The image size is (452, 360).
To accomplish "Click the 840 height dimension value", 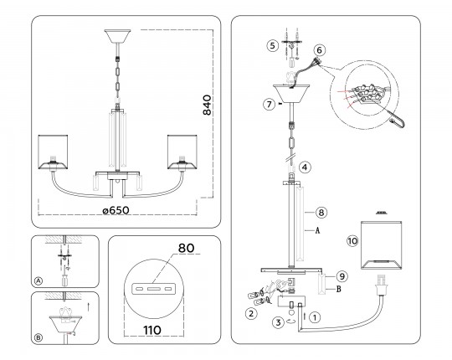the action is click(207, 105).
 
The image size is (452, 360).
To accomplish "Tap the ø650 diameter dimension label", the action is click(116, 210).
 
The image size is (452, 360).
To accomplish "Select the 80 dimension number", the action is click(186, 248).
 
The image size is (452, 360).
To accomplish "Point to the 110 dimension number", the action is click(152, 331).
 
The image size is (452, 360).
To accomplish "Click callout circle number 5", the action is click(272, 46).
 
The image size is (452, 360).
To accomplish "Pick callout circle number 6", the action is click(319, 50).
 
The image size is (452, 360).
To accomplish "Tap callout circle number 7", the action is click(270, 104).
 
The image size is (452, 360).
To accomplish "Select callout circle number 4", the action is click(305, 167).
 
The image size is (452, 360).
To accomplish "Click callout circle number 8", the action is click(321, 213).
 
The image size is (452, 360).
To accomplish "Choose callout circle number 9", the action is click(342, 277).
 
